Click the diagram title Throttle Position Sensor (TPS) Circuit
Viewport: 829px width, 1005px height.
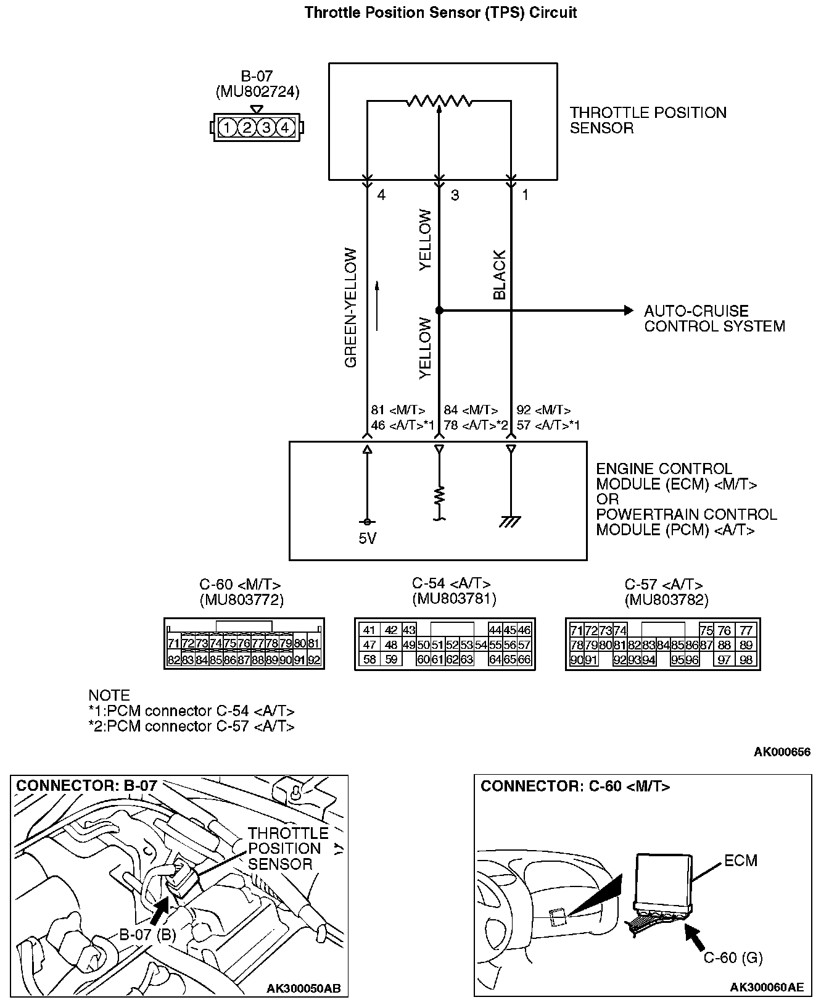coord(440,13)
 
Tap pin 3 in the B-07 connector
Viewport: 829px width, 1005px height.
coord(266,128)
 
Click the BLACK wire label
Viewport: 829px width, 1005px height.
coord(500,275)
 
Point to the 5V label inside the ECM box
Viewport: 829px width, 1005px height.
coord(367,539)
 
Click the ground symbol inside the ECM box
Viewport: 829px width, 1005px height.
coord(509,522)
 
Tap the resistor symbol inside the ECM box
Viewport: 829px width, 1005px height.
coord(439,496)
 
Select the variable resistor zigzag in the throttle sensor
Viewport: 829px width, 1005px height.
coord(439,101)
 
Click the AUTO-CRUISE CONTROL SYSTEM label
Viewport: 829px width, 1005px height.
coord(714,319)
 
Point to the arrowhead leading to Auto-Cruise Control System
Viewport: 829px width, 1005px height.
coord(629,310)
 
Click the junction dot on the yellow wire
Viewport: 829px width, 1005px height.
coord(439,310)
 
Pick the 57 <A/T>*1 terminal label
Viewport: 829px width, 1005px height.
coord(548,425)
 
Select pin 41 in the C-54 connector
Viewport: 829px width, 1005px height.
coord(369,630)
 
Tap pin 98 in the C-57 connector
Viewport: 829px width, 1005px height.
coord(746,660)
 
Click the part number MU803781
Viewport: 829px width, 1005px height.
coord(454,598)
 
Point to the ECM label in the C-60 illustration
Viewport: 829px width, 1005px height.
coord(740,861)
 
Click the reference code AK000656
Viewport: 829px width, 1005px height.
coord(782,752)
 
